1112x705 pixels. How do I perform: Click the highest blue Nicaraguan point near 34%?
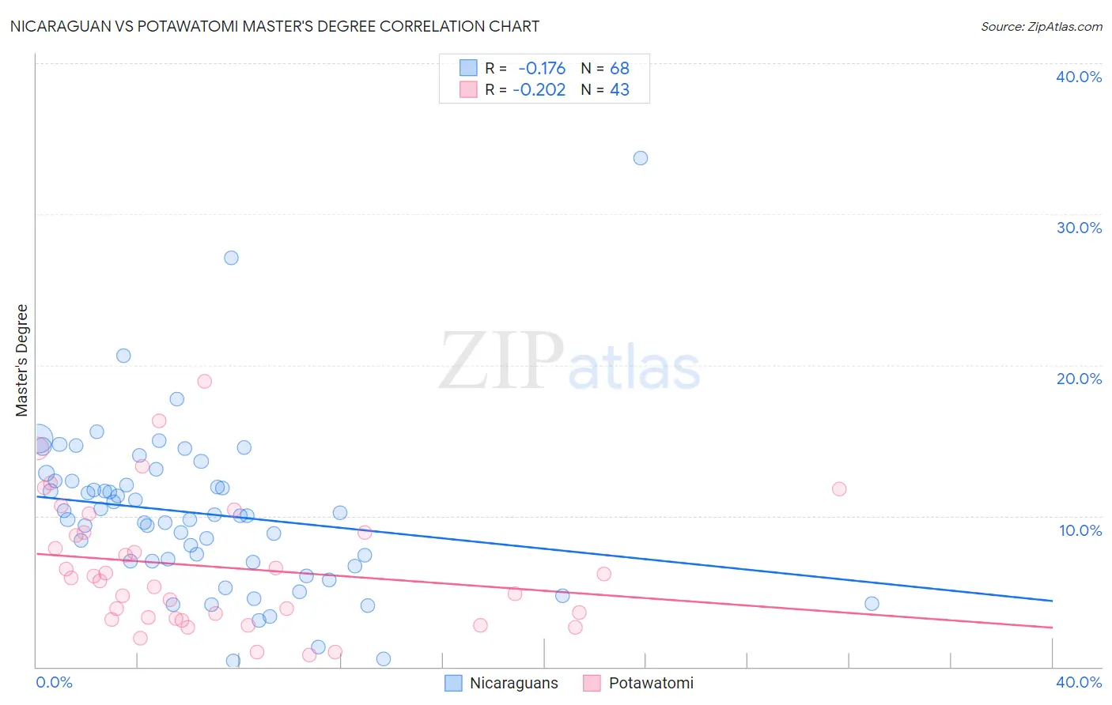[x=641, y=158]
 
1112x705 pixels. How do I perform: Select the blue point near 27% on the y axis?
[x=231, y=258]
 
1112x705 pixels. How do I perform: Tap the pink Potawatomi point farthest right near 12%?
[x=839, y=489]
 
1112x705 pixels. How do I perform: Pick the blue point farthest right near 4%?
[x=872, y=604]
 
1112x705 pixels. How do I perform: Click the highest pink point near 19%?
[x=204, y=381]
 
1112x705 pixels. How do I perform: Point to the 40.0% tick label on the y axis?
[x=1078, y=77]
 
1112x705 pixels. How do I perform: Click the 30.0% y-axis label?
[x=1078, y=228]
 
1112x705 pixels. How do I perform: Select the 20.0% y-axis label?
[x=1078, y=379]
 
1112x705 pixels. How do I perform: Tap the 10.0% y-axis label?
[x=1080, y=530]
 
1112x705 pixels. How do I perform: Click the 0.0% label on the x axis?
[x=54, y=682]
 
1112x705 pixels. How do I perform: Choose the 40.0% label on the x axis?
[x=1078, y=682]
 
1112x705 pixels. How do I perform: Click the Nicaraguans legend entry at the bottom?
[x=513, y=683]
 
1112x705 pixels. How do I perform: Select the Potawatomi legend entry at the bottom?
[x=650, y=683]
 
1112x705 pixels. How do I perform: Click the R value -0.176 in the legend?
[x=542, y=69]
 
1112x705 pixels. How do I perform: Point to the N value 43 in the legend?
[x=619, y=90]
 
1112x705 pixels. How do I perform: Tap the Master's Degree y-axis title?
[x=22, y=360]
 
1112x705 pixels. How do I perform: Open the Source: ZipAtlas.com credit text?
[x=1041, y=27]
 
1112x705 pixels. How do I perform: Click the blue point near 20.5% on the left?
[x=123, y=356]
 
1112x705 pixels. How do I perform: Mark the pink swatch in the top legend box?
[x=468, y=89]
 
